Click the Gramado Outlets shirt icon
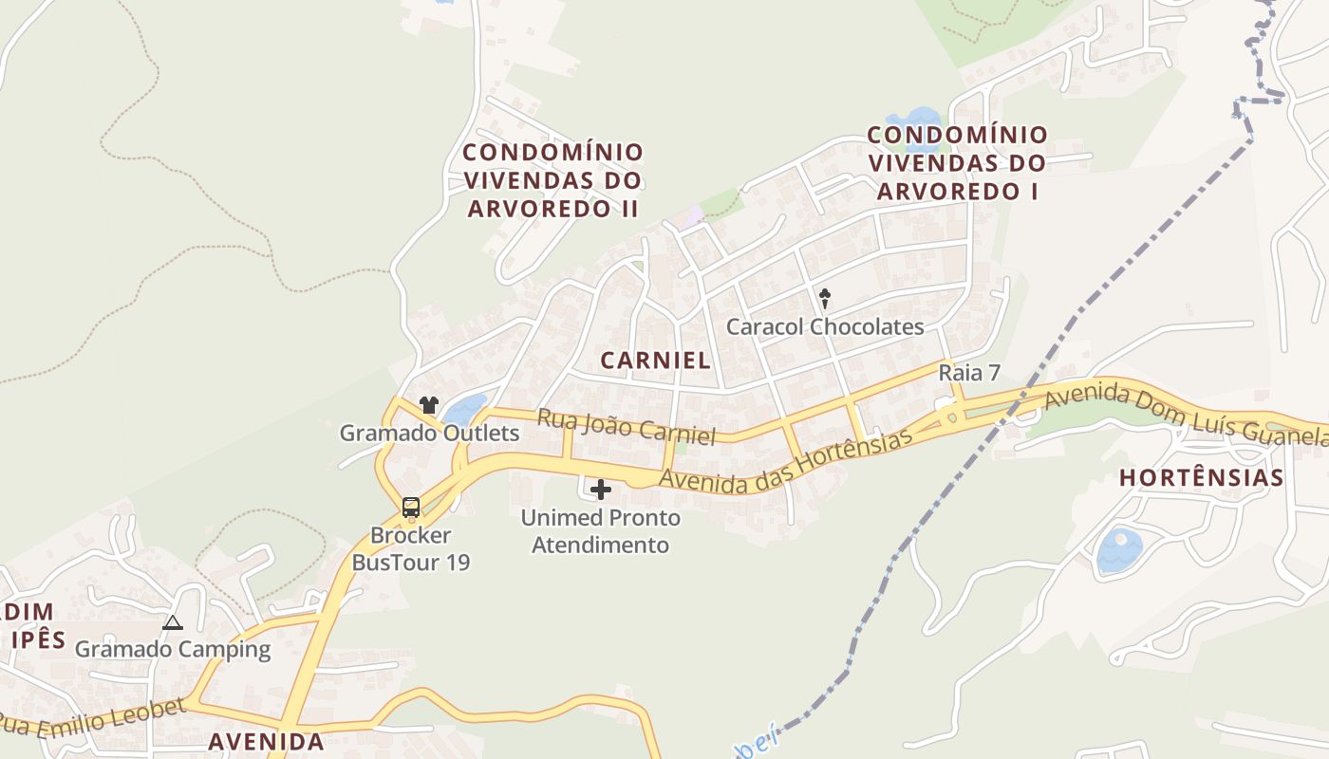(429, 405)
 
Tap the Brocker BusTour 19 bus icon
(411, 508)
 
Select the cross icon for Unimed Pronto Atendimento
(601, 490)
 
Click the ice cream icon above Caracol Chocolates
(825, 299)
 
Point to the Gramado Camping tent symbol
(172, 623)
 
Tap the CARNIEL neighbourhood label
(656, 361)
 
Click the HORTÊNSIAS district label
(1201, 477)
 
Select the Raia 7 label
(969, 373)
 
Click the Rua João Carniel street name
(626, 427)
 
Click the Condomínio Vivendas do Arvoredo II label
(553, 180)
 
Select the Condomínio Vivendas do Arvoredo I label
(957, 163)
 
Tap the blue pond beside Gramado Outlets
(464, 411)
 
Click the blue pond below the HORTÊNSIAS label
(1119, 551)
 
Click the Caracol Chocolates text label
(825, 327)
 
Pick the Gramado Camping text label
(173, 650)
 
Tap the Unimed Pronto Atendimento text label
(600, 531)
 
